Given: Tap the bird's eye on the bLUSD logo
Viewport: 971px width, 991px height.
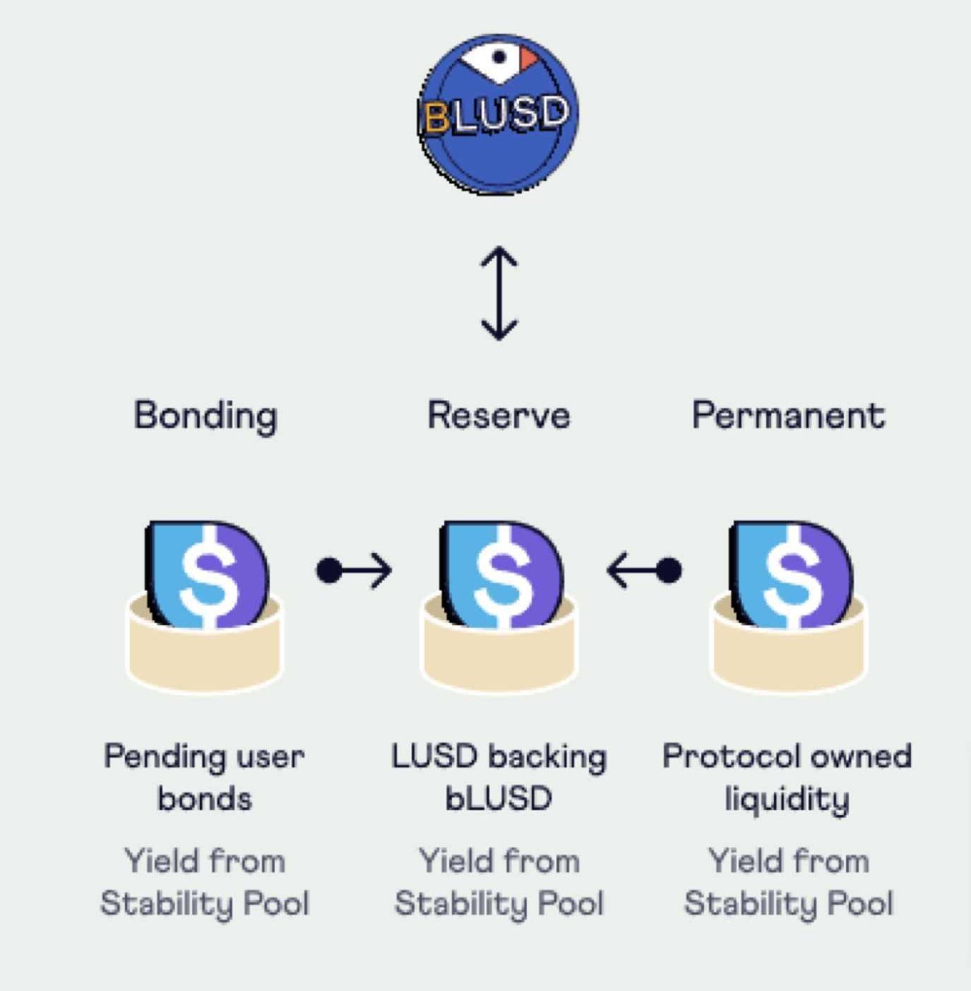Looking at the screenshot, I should point(499,57).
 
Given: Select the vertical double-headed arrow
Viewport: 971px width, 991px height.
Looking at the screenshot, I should point(499,293).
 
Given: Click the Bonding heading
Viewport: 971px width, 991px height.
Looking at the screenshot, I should point(205,415).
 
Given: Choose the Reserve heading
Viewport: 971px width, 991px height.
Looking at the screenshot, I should point(499,415).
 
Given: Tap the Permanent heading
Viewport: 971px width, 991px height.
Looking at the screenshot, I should point(788,415).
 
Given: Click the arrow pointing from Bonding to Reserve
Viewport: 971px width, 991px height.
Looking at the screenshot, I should point(354,570).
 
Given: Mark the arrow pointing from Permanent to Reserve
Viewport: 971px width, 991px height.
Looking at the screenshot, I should point(644,570).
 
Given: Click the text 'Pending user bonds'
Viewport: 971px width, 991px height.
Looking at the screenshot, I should point(204,778).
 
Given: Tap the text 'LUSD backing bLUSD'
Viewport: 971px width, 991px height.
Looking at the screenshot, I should point(499,778).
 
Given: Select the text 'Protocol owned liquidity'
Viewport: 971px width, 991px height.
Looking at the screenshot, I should point(787,778).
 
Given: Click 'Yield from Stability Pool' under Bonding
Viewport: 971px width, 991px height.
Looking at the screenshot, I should point(205,882).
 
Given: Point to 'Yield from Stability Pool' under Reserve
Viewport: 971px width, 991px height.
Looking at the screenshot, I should point(499,882).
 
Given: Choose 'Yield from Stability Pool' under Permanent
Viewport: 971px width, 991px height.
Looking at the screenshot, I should point(788,882).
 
